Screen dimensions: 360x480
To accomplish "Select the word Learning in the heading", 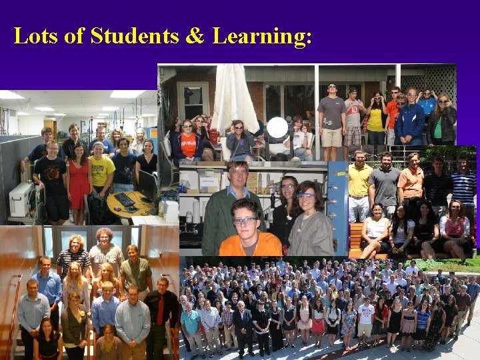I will click(262, 37).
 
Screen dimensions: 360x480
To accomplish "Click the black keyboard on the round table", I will click(124, 199).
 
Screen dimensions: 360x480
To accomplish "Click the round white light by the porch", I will click(277, 127).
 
